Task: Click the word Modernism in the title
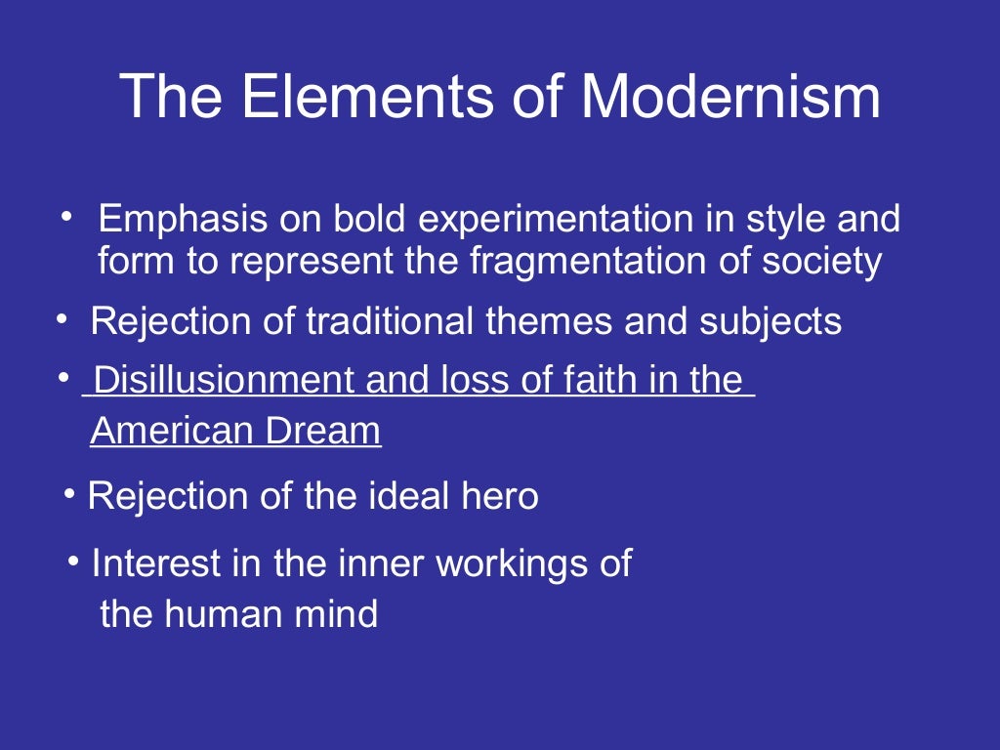(730, 97)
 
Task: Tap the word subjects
(770, 321)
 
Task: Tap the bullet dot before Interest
(76, 560)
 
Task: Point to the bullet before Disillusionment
(64, 377)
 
